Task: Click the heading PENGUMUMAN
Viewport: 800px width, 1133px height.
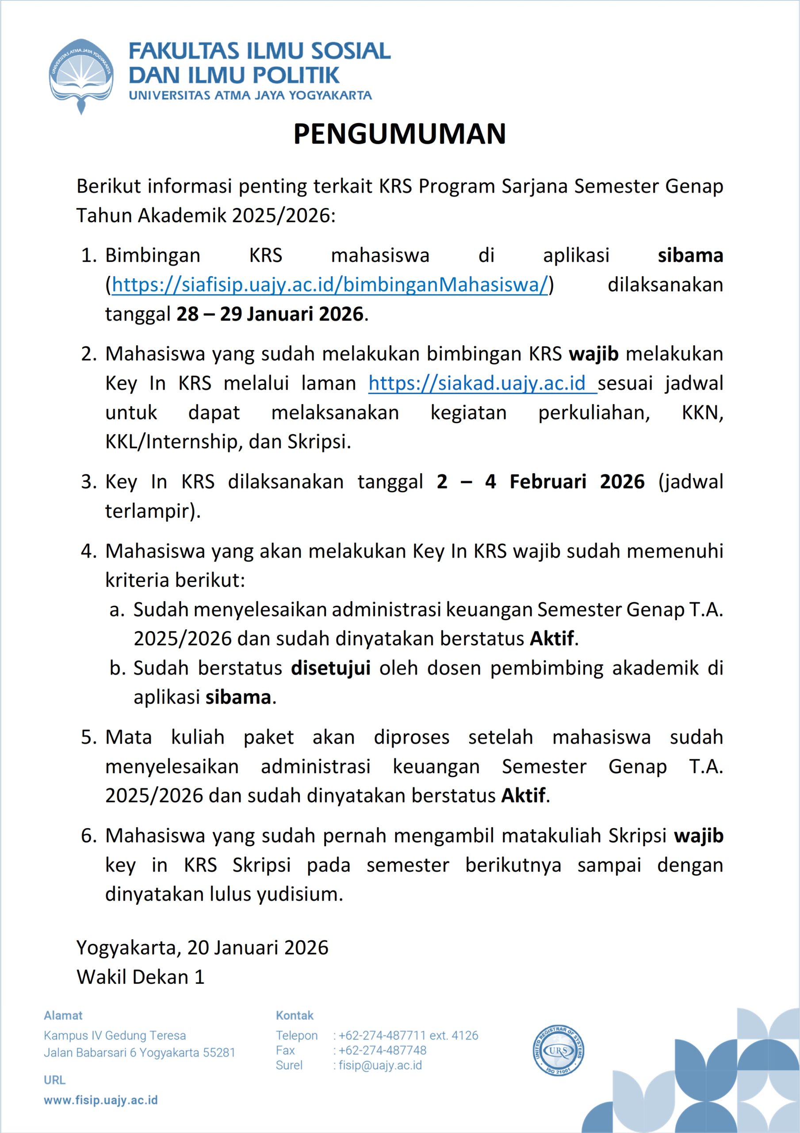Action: (399, 134)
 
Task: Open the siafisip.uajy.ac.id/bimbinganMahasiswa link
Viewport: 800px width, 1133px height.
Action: (330, 285)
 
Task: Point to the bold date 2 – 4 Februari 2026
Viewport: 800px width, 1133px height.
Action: (540, 482)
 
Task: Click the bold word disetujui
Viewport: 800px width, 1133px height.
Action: (330, 668)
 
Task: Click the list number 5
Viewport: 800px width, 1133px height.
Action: (89, 737)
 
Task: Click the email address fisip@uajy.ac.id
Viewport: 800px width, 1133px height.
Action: (380, 1065)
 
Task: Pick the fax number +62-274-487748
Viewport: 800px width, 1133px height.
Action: (382, 1050)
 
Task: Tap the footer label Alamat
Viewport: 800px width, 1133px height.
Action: (63, 1016)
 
